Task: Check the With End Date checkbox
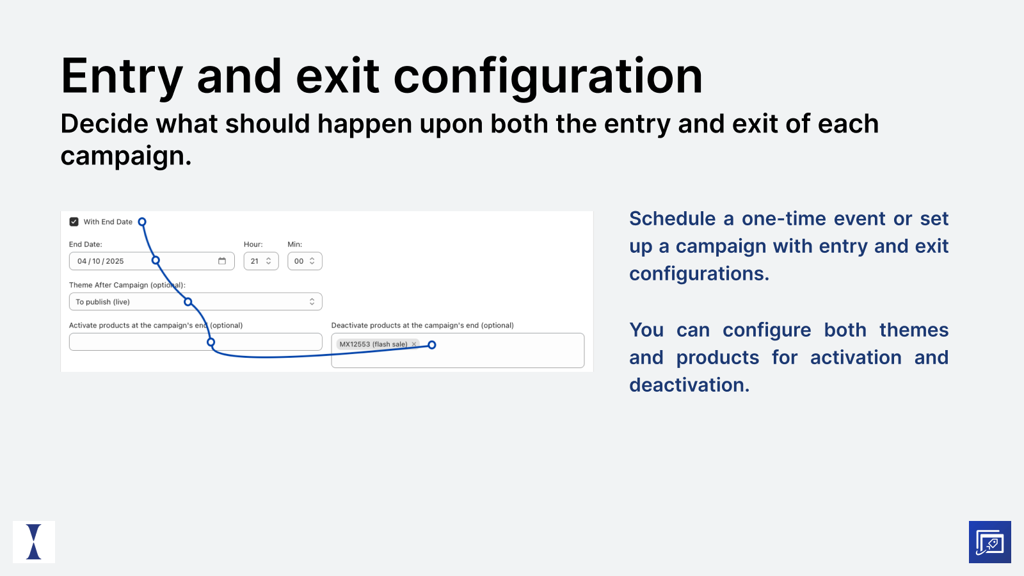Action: tap(74, 222)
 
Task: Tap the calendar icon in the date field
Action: tap(222, 261)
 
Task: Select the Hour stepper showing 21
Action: tap(261, 261)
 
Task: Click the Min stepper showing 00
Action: tap(305, 261)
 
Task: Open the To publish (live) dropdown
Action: tap(195, 302)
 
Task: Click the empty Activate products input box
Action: tap(141, 342)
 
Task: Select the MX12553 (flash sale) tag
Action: tap(372, 344)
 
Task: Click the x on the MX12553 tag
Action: tap(414, 344)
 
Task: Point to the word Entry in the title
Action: tap(122, 77)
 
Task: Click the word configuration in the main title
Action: tap(548, 77)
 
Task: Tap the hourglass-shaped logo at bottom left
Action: tap(34, 542)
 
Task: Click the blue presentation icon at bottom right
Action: tap(989, 542)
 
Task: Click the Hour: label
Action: tap(253, 244)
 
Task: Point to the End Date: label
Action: tap(85, 244)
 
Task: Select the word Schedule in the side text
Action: tap(672, 219)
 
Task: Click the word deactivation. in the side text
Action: tap(689, 385)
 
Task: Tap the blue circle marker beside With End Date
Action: tap(142, 222)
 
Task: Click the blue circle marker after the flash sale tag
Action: tap(432, 345)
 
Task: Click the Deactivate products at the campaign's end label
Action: tap(422, 326)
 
